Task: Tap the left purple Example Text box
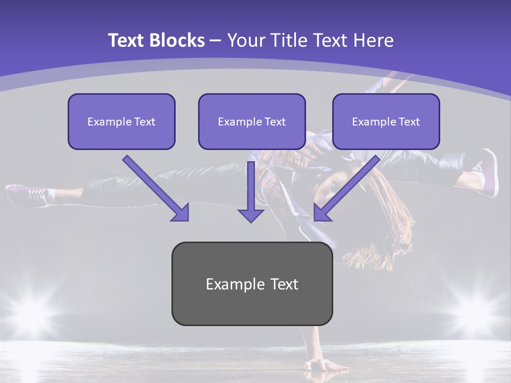tap(121, 121)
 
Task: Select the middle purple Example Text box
tap(252, 121)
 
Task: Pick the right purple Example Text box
tap(386, 121)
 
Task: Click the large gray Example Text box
tap(252, 284)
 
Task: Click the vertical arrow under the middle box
tap(251, 191)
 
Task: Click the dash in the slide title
tap(216, 40)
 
